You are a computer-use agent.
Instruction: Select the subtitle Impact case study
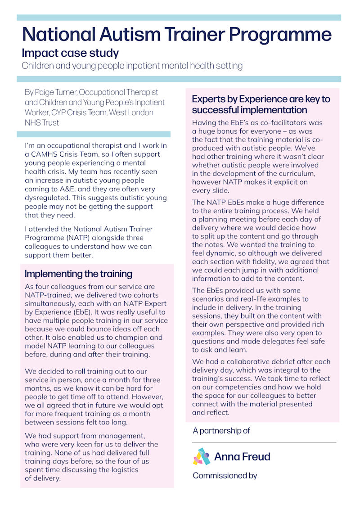(70, 53)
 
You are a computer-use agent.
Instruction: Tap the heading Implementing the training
(78, 274)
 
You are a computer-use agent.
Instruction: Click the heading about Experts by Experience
(261, 104)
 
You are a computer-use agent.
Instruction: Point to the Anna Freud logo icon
(202, 457)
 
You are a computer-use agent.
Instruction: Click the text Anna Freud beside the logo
(242, 457)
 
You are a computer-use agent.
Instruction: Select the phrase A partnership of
(221, 431)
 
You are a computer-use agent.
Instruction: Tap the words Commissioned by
(225, 476)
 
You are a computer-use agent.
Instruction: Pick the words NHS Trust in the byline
(42, 122)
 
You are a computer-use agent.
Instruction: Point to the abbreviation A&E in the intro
(80, 189)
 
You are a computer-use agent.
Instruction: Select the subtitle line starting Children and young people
(132, 66)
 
